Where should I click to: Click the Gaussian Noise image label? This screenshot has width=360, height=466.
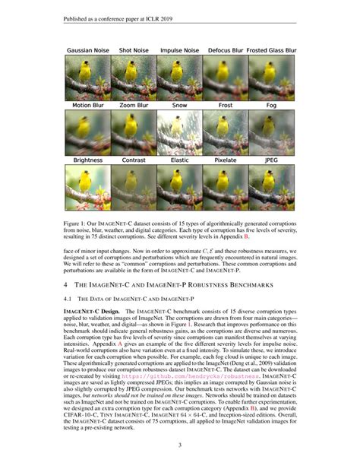[87, 50]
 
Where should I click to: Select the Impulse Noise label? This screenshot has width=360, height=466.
[180, 50]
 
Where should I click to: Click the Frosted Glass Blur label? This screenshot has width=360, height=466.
[272, 50]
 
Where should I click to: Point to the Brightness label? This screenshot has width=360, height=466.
[87, 160]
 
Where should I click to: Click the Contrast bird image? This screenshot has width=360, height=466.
[134, 187]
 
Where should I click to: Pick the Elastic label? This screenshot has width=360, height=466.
[180, 160]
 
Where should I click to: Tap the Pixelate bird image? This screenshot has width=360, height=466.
[226, 187]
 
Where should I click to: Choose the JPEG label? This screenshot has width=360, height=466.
[272, 160]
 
